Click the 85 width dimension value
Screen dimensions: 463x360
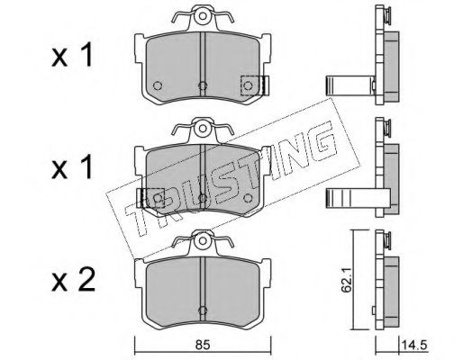(x=203, y=346)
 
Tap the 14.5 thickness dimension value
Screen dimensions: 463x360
(x=413, y=346)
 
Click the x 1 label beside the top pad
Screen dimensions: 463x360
(x=72, y=56)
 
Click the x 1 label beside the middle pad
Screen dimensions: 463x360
(x=72, y=168)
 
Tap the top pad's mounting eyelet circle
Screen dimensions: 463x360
(x=203, y=15)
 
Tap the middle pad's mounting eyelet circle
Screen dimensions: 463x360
(x=203, y=129)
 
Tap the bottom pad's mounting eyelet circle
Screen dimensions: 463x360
(x=203, y=240)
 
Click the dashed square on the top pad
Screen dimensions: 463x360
(x=250, y=85)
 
